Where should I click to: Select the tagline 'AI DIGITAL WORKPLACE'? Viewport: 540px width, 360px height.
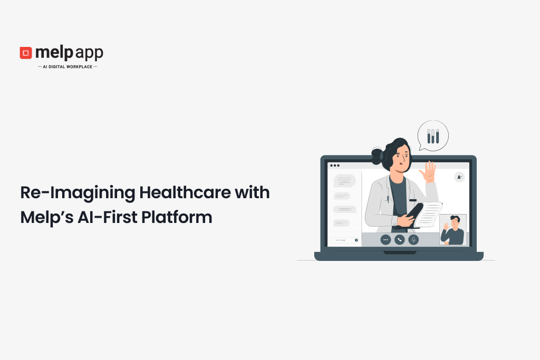pyautogui.click(x=67, y=67)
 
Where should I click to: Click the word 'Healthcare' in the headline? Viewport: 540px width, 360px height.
pyautogui.click(x=185, y=192)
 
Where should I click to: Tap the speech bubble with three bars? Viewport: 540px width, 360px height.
pyautogui.click(x=433, y=136)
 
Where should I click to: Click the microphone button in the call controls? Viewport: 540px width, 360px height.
pyautogui.click(x=414, y=239)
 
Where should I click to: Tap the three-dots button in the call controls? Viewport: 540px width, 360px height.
pyautogui.click(x=385, y=239)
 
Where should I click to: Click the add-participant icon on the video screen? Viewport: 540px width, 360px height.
pyautogui.click(x=459, y=177)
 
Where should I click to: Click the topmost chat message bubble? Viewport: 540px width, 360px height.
pyautogui.click(x=344, y=181)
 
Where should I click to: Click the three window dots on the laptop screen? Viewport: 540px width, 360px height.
pyautogui.click(x=334, y=166)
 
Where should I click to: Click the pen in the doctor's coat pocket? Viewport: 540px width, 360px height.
pyautogui.click(x=387, y=199)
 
